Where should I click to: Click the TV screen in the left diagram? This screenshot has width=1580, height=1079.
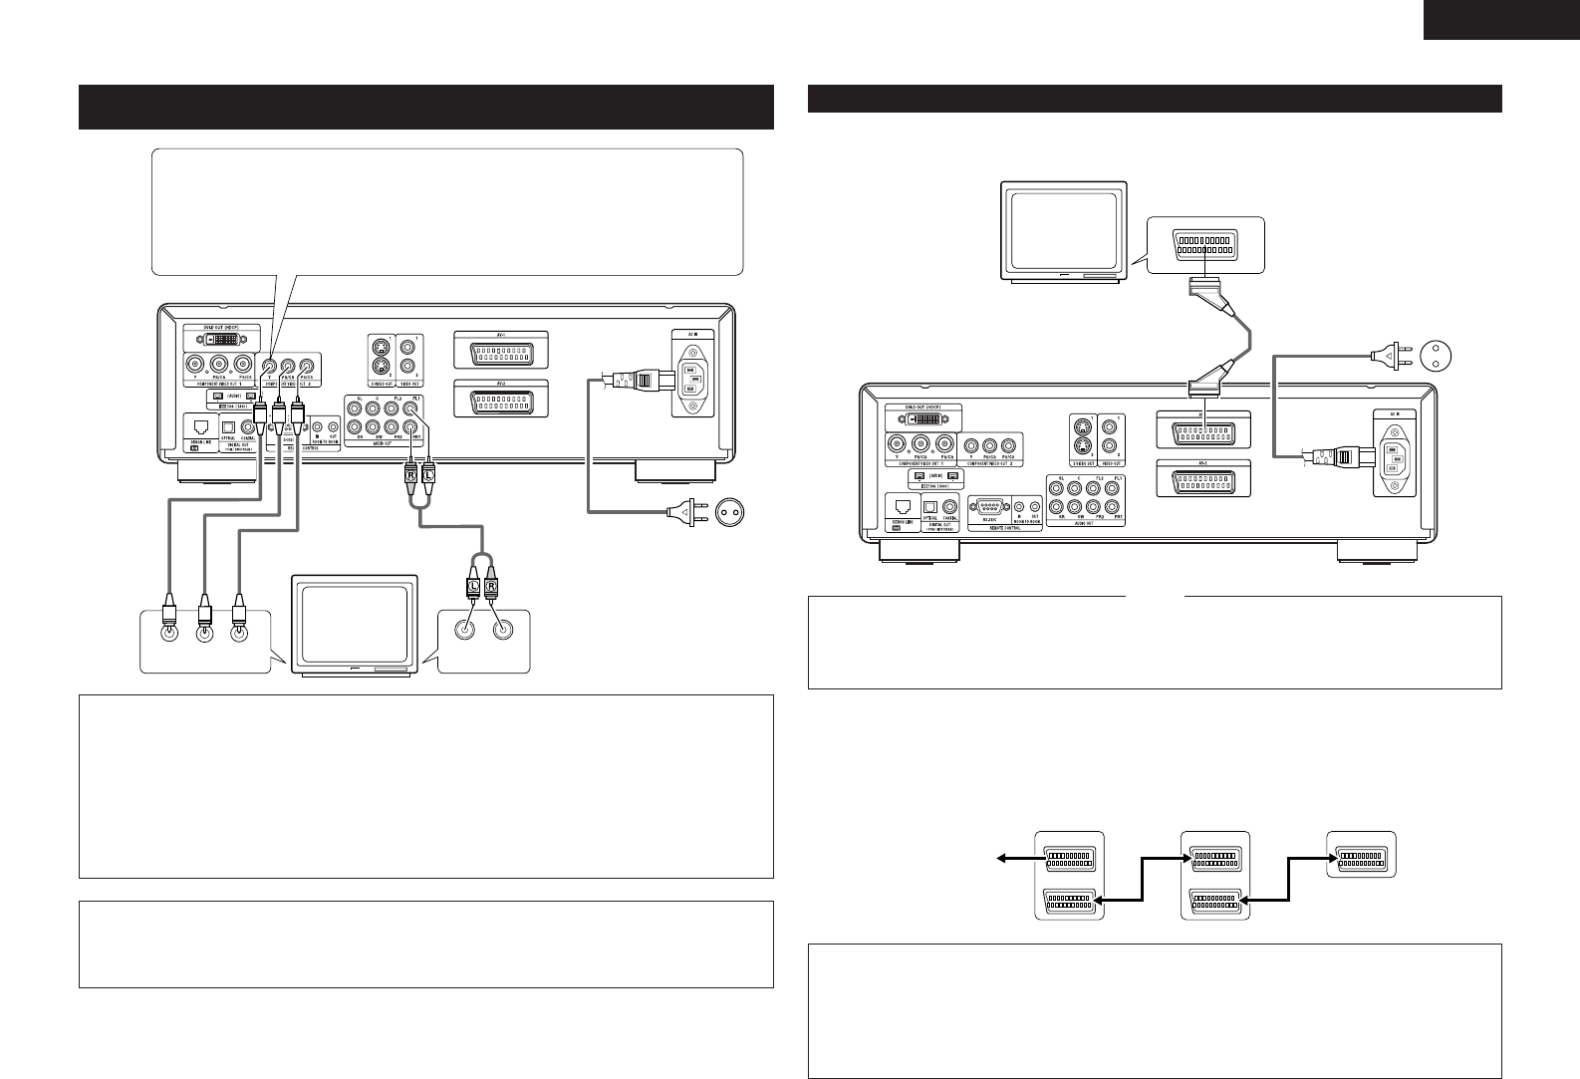click(x=350, y=625)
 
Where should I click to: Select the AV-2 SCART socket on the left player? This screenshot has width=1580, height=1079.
click(x=501, y=402)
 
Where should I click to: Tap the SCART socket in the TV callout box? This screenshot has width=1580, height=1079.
click(x=1203, y=245)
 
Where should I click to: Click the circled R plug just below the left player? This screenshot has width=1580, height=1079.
click(x=409, y=476)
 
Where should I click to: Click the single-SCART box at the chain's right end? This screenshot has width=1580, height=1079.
click(x=1361, y=854)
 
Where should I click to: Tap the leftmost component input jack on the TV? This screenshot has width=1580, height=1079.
click(x=169, y=633)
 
